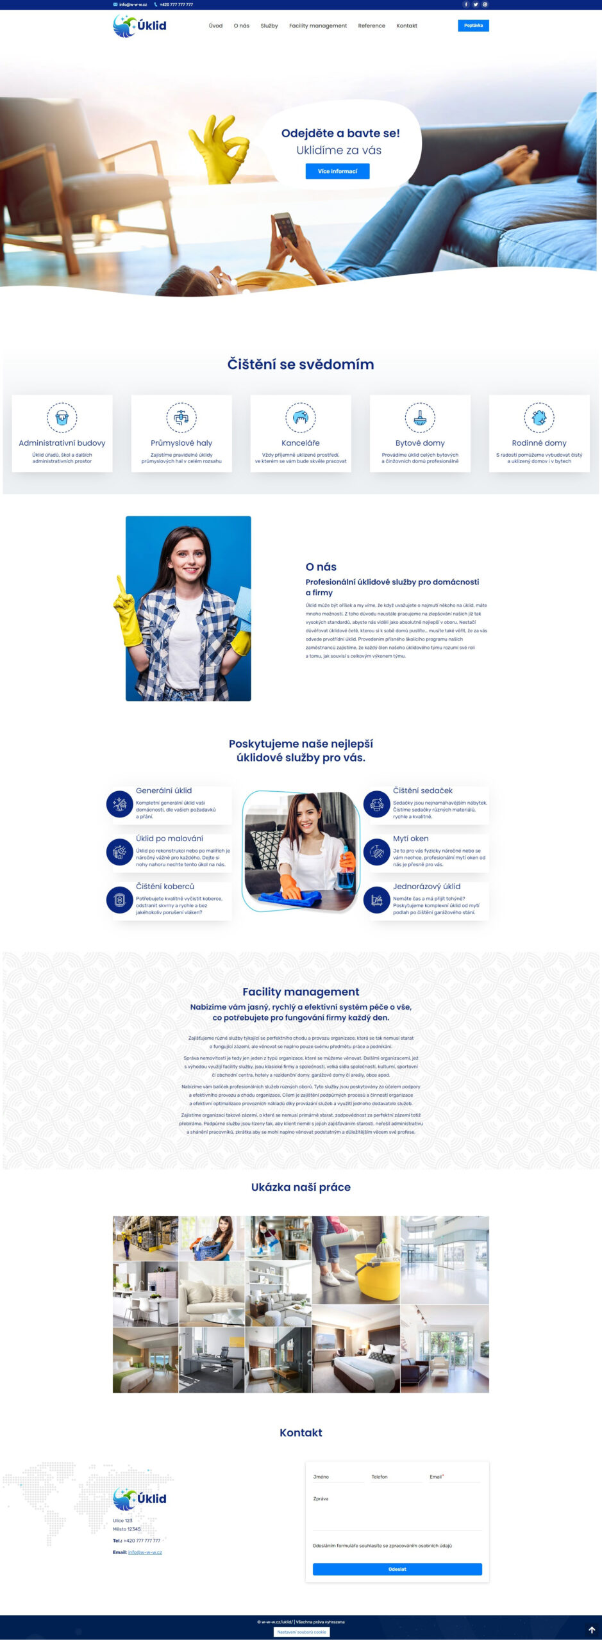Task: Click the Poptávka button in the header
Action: tap(473, 26)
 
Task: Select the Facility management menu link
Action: tap(317, 26)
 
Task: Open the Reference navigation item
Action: tap(371, 26)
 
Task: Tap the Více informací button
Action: tap(337, 171)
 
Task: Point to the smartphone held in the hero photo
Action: tap(287, 227)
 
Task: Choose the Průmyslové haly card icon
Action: tap(181, 418)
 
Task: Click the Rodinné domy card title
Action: tap(539, 443)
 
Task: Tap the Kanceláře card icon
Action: tap(301, 418)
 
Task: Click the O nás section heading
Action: tap(321, 567)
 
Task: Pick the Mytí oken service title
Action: tap(410, 839)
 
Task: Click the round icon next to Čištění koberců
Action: tap(119, 899)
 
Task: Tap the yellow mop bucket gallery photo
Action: tap(356, 1259)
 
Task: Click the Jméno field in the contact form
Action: tap(338, 1477)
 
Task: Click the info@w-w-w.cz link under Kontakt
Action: tap(145, 1552)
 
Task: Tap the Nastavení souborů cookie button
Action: tap(302, 1632)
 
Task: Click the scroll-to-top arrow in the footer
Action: tap(591, 1630)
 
